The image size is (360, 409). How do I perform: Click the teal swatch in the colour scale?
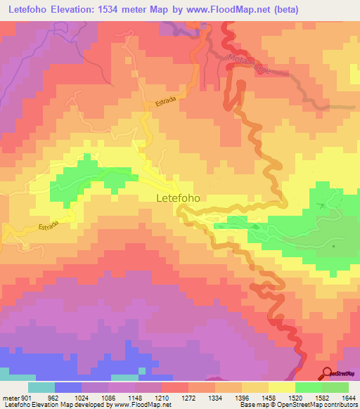pyautogui.click(x=41, y=388)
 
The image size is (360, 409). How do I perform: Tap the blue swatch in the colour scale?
pyautogui.click(x=67, y=388)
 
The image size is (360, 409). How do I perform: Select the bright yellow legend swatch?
pyautogui.click(x=281, y=388)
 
